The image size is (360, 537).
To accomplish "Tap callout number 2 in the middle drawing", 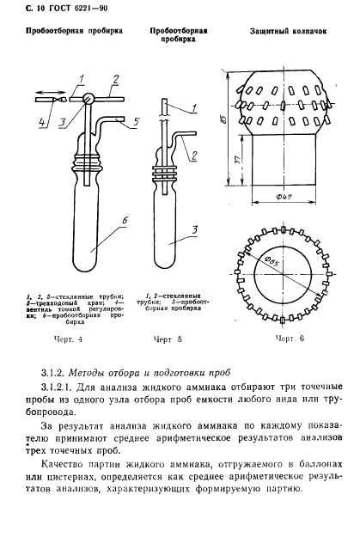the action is click(x=195, y=155).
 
